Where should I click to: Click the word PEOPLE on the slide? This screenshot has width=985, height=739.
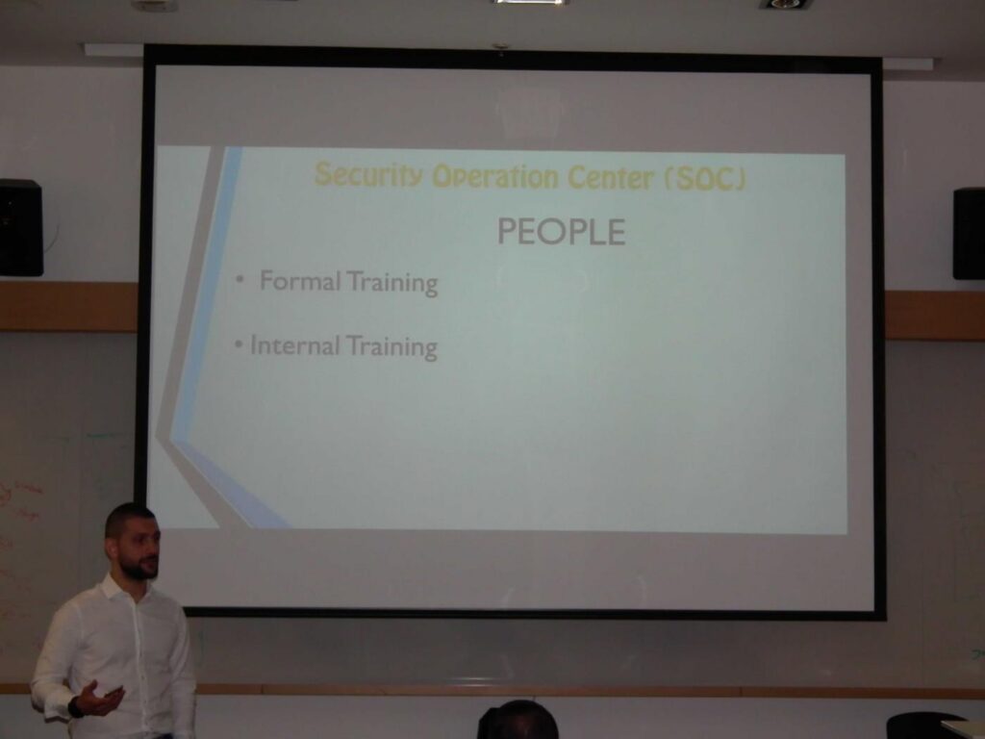point(561,232)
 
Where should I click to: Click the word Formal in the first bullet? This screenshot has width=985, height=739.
point(300,281)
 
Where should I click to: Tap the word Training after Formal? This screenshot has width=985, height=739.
point(392,283)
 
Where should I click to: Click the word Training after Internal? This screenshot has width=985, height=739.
point(391,347)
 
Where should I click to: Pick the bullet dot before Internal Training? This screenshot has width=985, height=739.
point(239,344)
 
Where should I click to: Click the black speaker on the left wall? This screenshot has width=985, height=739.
point(20,227)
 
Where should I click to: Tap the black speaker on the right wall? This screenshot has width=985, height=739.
point(969,233)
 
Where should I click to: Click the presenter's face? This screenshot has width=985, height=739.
point(140,548)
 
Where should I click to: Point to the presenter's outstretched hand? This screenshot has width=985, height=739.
point(100,699)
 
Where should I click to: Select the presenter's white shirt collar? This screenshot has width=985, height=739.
point(119,588)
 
